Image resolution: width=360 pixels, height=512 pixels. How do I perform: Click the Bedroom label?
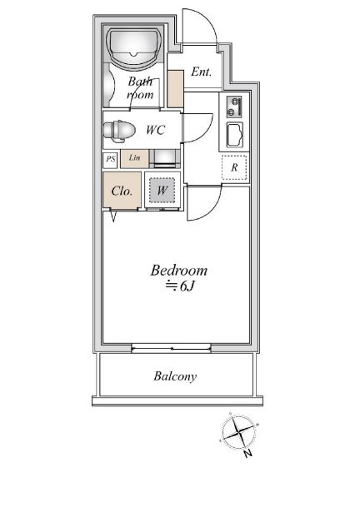pyautogui.click(x=179, y=271)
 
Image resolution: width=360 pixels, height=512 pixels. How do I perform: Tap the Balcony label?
pyautogui.click(x=175, y=376)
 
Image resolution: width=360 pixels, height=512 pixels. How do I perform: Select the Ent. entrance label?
pyautogui.click(x=201, y=72)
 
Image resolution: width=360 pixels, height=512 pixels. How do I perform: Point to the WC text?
pyautogui.click(x=155, y=130)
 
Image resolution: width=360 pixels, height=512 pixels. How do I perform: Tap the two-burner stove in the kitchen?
pyautogui.click(x=234, y=107)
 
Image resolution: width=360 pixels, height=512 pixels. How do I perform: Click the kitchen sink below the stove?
pyautogui.click(x=235, y=135)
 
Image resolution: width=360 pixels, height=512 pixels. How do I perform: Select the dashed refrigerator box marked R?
pyautogui.click(x=234, y=167)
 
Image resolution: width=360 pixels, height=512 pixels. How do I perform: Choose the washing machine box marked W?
pyautogui.click(x=162, y=190)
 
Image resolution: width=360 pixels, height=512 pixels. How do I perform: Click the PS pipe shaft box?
pyautogui.click(x=110, y=160)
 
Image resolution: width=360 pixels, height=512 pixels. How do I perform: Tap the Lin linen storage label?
pyautogui.click(x=134, y=157)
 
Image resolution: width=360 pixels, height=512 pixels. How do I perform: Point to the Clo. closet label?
pyautogui.click(x=122, y=191)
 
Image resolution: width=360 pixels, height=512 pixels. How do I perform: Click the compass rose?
pyautogui.click(x=238, y=432)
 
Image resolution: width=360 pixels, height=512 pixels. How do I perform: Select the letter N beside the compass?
pyautogui.click(x=248, y=453)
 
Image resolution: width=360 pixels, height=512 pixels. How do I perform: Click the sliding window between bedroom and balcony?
pyautogui.click(x=171, y=348)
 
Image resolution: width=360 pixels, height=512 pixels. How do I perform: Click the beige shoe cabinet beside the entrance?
pyautogui.click(x=175, y=88)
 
